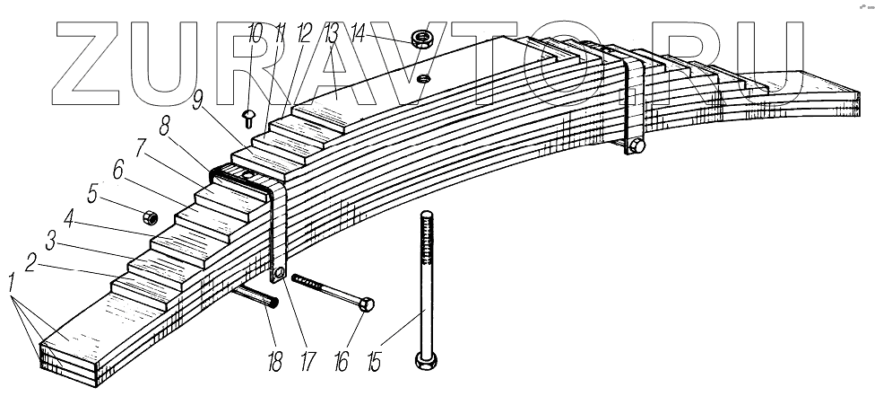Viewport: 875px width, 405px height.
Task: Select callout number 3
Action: (x=52, y=242)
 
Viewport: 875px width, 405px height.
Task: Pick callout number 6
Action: (x=118, y=169)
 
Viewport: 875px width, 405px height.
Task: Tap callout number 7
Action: (x=141, y=146)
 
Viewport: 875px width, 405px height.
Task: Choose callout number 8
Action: (x=165, y=124)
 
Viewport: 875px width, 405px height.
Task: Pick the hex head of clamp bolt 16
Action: (x=367, y=305)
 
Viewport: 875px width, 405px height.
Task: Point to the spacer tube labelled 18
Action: (x=259, y=295)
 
